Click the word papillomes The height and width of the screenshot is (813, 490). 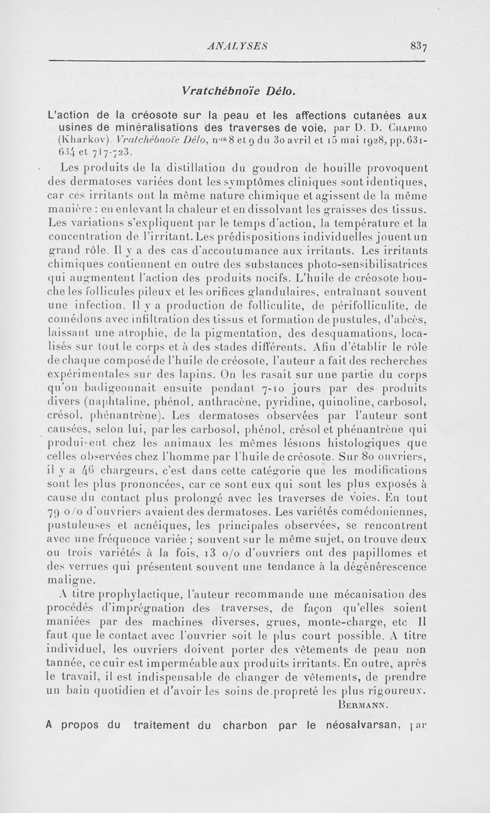(382, 551)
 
